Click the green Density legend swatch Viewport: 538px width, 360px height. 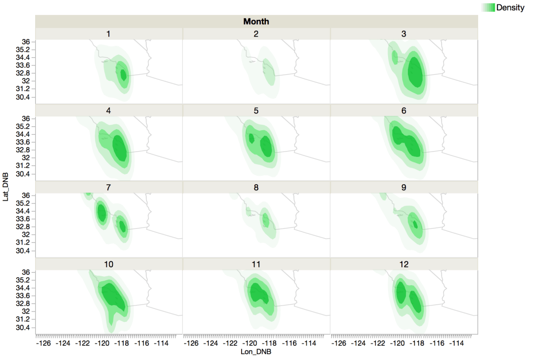[x=488, y=7]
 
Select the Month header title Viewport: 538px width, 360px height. [x=256, y=21]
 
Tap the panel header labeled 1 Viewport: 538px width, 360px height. [x=108, y=34]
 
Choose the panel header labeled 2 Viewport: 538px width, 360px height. [x=256, y=34]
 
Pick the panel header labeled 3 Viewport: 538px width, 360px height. [x=404, y=34]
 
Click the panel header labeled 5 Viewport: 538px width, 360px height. [x=256, y=110]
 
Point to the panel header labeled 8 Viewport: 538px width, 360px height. [x=256, y=187]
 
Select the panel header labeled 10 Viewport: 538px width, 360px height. [x=108, y=264]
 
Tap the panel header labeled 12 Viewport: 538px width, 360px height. [x=404, y=264]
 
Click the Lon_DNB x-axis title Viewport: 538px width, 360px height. [x=256, y=352]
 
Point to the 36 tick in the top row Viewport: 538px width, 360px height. [x=26, y=42]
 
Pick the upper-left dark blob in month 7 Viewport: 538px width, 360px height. [x=101, y=213]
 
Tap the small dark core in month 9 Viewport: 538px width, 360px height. [x=416, y=224]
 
